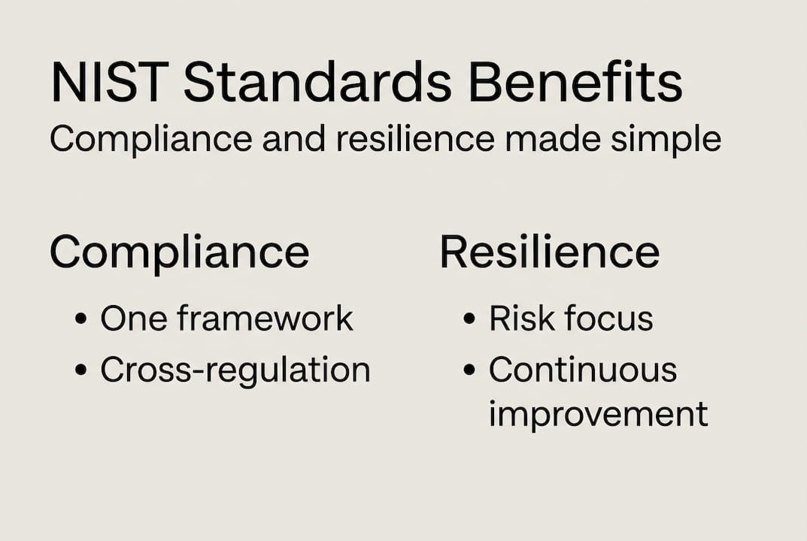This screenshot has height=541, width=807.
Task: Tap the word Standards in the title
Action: [x=317, y=83]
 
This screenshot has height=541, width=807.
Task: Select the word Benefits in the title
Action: [x=575, y=83]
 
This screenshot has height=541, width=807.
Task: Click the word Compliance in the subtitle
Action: [x=151, y=139]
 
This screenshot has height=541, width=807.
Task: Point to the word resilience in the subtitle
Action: [x=415, y=138]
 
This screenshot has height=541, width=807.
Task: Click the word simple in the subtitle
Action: [x=666, y=139]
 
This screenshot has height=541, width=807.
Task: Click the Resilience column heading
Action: [x=550, y=252]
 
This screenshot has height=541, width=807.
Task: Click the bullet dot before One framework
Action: [x=80, y=319]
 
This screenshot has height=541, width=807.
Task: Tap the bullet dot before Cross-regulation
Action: [x=80, y=370]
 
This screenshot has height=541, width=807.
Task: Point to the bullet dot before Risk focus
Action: [x=469, y=319]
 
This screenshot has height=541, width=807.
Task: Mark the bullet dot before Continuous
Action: [x=469, y=370]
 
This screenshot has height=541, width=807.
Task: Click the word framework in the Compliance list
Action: [x=265, y=318]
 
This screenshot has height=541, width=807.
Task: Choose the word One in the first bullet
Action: [x=134, y=319]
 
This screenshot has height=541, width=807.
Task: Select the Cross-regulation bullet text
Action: [x=235, y=370]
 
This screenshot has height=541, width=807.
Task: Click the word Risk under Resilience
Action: [x=521, y=318]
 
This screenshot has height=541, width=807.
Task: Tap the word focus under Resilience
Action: [x=609, y=318]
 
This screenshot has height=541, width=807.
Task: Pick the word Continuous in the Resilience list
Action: [x=583, y=369]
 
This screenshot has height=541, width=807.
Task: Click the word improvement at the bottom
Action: [x=599, y=414]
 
